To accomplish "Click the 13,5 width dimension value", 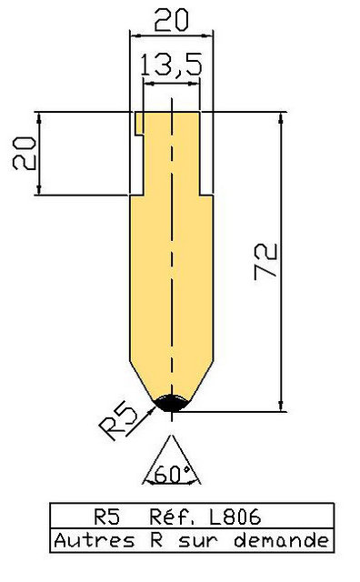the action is click(172, 65).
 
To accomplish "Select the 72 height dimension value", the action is click(265, 261).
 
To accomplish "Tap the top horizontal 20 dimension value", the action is click(172, 20).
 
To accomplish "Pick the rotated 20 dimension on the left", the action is click(25, 154).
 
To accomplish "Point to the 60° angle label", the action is click(172, 473).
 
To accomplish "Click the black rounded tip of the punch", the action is click(172, 403).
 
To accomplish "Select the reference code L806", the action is click(235, 517).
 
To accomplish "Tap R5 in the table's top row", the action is click(107, 517).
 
